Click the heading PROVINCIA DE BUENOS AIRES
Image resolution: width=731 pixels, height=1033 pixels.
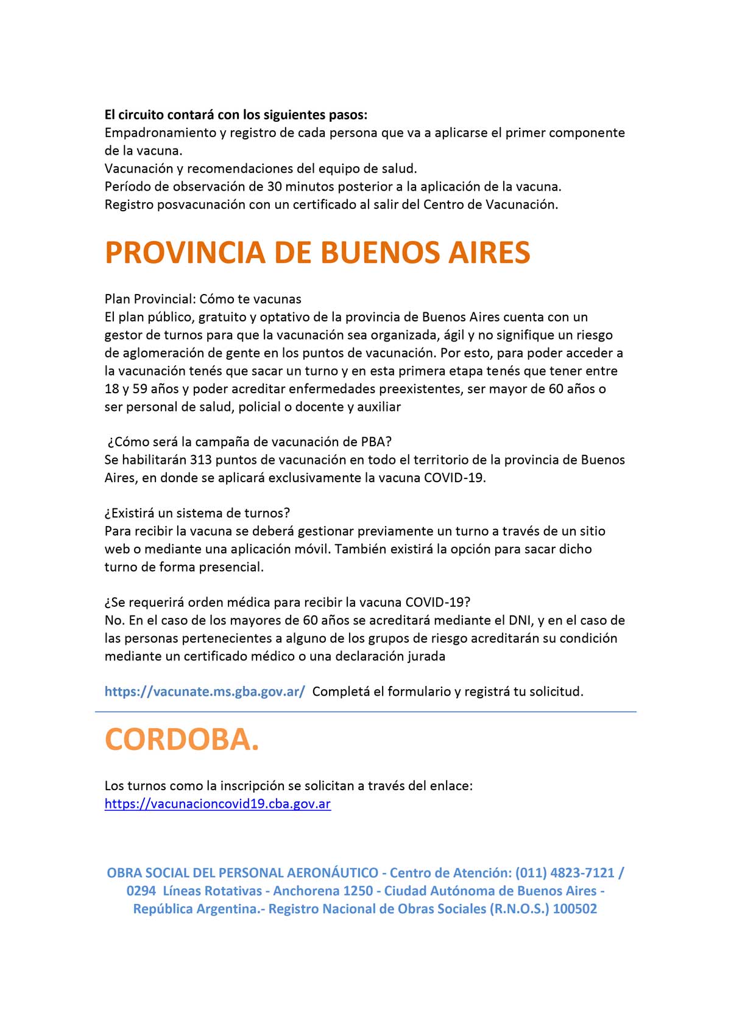tap(317, 253)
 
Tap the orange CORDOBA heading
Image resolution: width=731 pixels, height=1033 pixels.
tap(182, 739)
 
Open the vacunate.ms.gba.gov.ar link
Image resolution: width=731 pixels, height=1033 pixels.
tap(205, 692)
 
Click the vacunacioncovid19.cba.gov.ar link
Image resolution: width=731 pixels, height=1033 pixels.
tap(217, 804)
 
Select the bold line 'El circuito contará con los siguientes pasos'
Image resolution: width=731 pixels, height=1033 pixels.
tap(236, 114)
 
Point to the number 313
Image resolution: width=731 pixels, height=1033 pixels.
tap(200, 460)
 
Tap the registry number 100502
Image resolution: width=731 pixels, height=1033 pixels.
tap(574, 909)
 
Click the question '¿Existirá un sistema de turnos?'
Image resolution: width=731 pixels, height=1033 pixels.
tap(197, 513)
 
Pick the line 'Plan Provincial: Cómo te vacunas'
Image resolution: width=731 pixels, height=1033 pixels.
tap(203, 299)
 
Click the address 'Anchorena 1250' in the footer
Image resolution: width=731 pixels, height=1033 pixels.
tap(323, 891)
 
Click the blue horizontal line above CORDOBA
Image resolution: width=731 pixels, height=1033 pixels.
tap(365, 711)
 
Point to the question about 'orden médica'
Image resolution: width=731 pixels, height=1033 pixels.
tap(288, 603)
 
